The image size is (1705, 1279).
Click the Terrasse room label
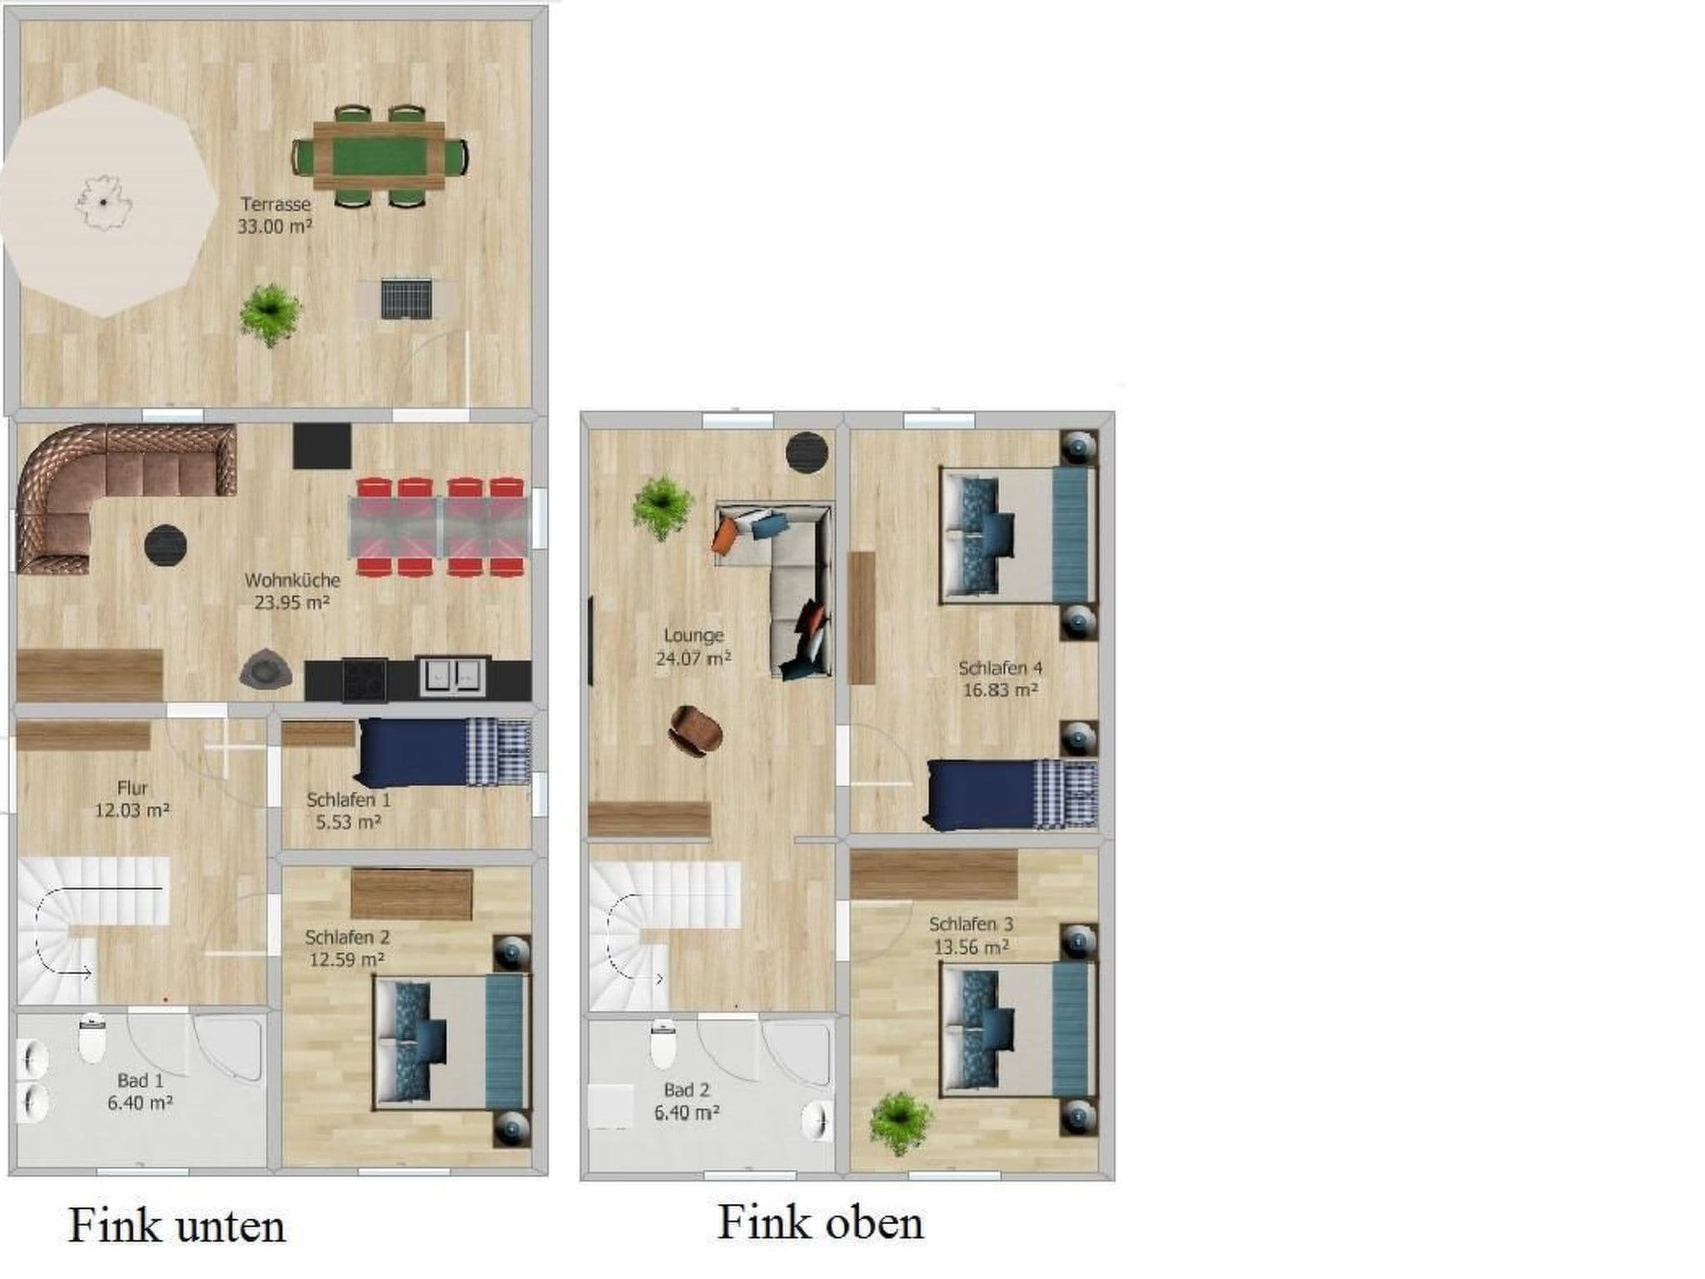pos(275,204)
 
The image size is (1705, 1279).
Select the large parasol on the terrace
pos(104,202)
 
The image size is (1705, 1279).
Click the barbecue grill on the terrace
pos(406,298)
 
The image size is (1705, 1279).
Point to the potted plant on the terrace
pos(270,313)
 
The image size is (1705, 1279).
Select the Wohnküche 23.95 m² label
pos(291,591)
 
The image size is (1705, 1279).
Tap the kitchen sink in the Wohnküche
pos(453,675)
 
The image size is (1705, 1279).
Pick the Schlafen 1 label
pos(348,800)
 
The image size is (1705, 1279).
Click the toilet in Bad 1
pos(92,1039)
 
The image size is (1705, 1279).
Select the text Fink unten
pos(176,1226)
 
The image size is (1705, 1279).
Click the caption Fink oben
pos(820,1222)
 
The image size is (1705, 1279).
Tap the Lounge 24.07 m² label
pos(693,647)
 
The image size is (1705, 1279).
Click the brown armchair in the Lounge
pos(696,731)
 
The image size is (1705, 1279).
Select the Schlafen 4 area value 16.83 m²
pos(1000,689)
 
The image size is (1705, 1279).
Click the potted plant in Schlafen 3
pos(900,1122)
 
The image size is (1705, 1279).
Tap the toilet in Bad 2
pos(663,1046)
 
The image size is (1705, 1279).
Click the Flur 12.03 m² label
pos(132,799)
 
